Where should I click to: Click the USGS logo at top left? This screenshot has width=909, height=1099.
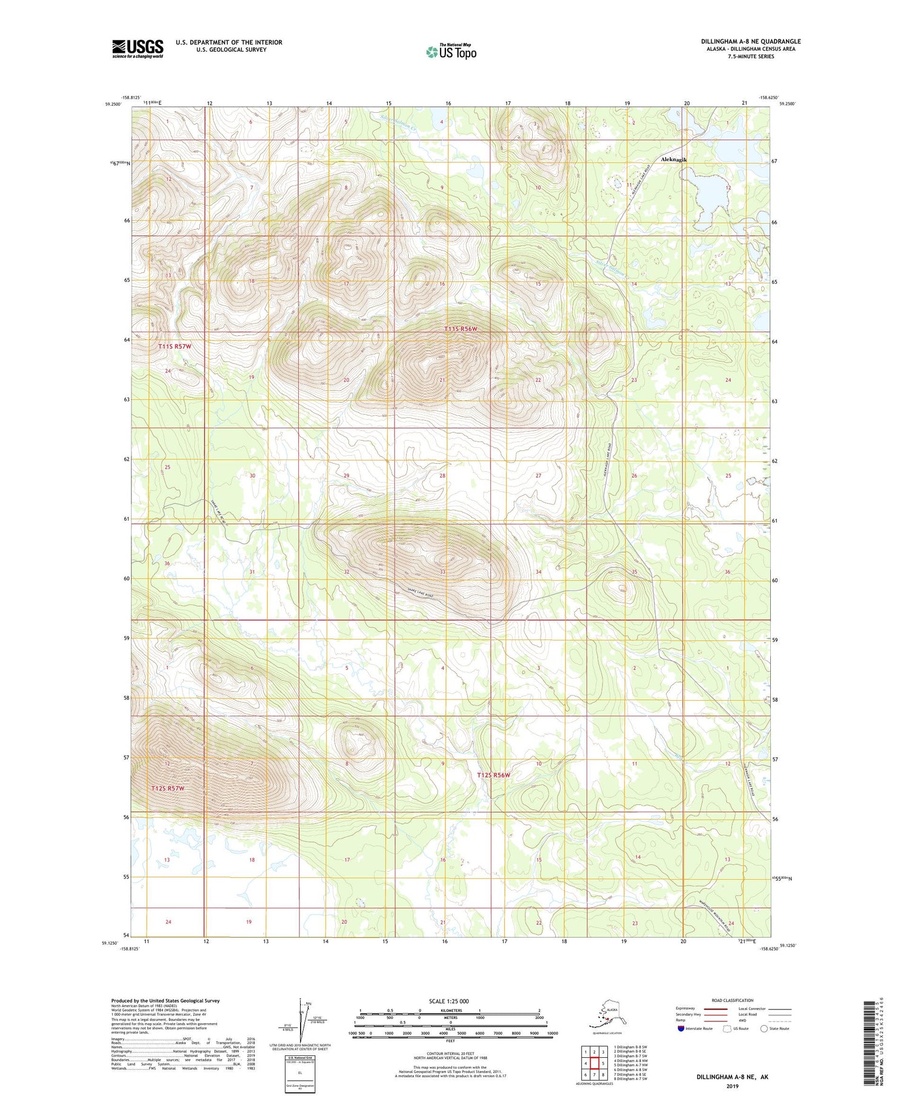[x=138, y=48]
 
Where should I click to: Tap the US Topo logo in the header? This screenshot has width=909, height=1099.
[x=451, y=52]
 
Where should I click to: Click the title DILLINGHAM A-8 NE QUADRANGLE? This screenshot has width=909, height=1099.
[x=750, y=41]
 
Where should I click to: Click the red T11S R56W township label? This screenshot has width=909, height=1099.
[x=461, y=329]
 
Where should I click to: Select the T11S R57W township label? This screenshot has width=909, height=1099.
[x=175, y=346]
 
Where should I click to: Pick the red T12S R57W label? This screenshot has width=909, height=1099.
[x=167, y=788]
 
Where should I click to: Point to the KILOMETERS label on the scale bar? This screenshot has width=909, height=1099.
[x=450, y=1010]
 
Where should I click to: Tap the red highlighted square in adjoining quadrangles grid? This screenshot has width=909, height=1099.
[x=594, y=1063]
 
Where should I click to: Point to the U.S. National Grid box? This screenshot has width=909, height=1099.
[x=300, y=1074]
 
